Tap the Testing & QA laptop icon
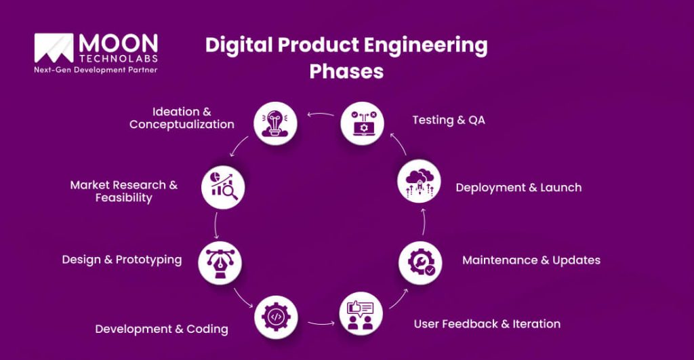tap(362, 123)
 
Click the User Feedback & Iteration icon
tap(361, 313)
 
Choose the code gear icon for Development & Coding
tap(276, 316)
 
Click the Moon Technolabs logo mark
tap(54, 47)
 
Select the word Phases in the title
tap(346, 71)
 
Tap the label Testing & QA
tap(449, 120)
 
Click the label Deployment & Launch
tap(518, 187)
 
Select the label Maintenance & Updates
tap(531, 260)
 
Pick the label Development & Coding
tap(161, 329)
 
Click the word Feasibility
tap(123, 198)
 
